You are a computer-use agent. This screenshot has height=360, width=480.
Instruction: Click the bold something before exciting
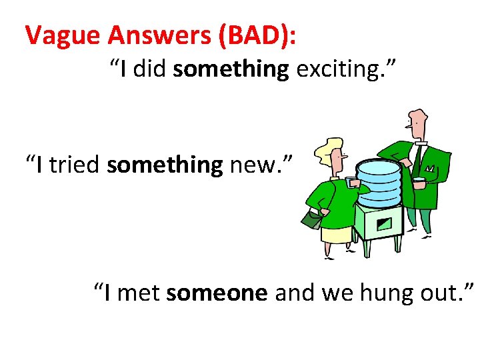tap(231, 69)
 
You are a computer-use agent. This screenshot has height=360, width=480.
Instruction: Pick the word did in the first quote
tap(151, 69)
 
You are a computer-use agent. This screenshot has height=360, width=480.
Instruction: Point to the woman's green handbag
tap(311, 217)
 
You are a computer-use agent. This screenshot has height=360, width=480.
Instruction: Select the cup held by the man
tap(419, 182)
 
